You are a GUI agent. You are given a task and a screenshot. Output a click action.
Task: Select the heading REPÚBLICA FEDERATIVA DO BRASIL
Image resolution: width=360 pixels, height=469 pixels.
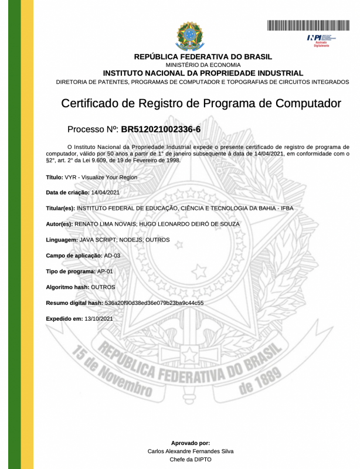pyautogui.click(x=203, y=56)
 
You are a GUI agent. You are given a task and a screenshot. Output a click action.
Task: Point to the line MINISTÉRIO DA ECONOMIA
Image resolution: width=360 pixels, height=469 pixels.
pyautogui.click(x=203, y=65)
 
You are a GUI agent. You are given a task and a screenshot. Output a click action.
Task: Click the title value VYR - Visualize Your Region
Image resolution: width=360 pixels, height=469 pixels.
pyautogui.click(x=100, y=176)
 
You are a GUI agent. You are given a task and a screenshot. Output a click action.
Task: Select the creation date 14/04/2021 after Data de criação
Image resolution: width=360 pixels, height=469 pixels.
pyautogui.click(x=106, y=192)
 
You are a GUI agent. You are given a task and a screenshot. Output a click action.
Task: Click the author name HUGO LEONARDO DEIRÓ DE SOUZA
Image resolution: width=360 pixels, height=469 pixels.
pyautogui.click(x=189, y=224)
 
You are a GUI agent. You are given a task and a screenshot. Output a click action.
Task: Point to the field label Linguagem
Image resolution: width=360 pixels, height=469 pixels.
pyautogui.click(x=62, y=240)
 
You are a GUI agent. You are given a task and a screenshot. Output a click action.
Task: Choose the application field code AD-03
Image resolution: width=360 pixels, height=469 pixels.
pyautogui.click(x=112, y=256)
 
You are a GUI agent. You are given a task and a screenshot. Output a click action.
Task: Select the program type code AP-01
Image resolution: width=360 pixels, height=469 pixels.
pyautogui.click(x=106, y=271)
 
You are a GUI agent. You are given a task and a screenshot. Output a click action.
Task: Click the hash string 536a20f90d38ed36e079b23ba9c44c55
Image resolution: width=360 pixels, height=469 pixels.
pyautogui.click(x=154, y=303)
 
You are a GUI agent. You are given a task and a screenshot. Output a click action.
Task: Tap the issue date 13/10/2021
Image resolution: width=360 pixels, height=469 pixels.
pyautogui.click(x=99, y=319)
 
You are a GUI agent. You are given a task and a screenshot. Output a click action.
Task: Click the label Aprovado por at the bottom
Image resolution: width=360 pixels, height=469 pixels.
pyautogui.click(x=190, y=443)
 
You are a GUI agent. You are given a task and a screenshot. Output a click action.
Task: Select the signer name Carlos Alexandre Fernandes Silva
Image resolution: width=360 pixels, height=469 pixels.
pyautogui.click(x=190, y=451)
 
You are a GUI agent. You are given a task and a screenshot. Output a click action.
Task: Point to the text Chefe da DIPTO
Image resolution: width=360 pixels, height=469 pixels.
pyautogui.click(x=190, y=460)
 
